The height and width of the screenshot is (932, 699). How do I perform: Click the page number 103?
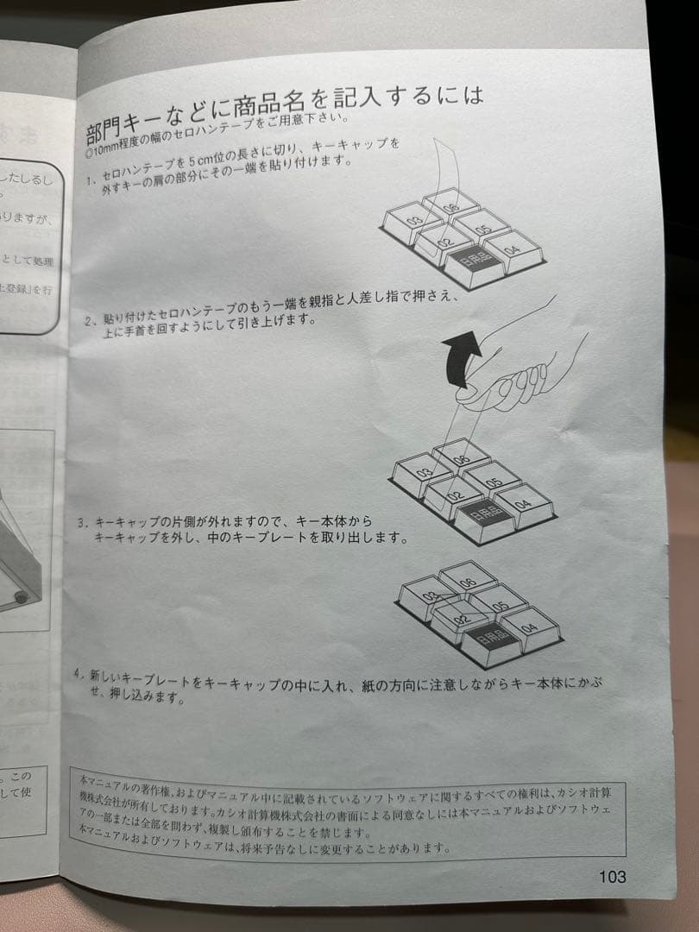click(612, 877)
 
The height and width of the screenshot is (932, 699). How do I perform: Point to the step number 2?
click(89, 321)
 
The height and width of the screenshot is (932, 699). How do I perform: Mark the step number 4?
click(79, 672)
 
